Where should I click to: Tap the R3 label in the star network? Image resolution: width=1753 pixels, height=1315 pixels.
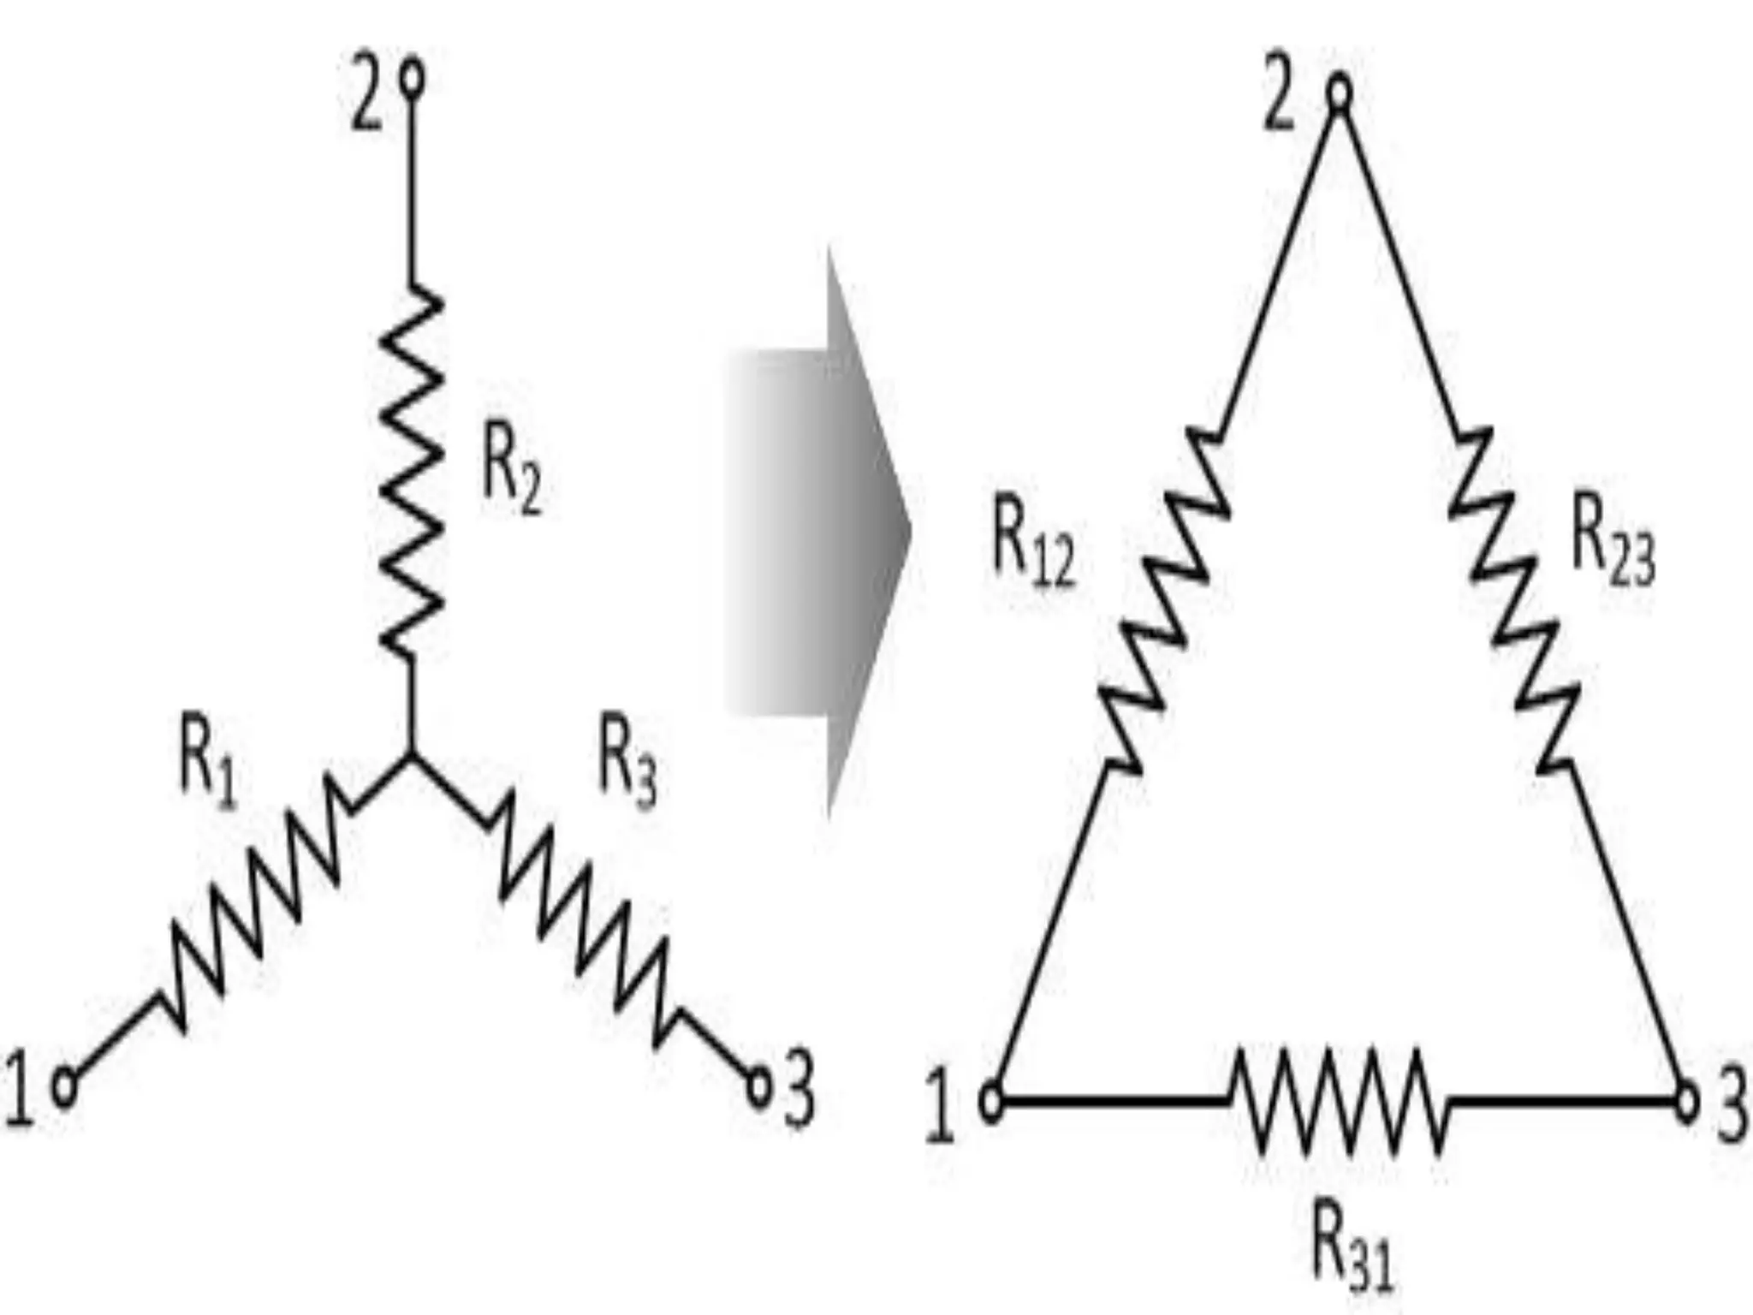(x=627, y=761)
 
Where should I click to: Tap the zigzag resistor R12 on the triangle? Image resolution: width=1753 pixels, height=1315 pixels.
(x=1164, y=599)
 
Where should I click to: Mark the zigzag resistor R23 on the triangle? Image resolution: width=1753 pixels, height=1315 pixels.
(x=1513, y=599)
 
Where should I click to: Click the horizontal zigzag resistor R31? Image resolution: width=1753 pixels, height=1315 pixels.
(x=1340, y=1100)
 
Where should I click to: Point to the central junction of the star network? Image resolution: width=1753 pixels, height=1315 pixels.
(x=412, y=757)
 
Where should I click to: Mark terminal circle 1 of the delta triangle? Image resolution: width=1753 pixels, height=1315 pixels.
(x=991, y=1103)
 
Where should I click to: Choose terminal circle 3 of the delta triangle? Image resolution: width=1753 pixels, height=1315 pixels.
(x=1686, y=1103)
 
